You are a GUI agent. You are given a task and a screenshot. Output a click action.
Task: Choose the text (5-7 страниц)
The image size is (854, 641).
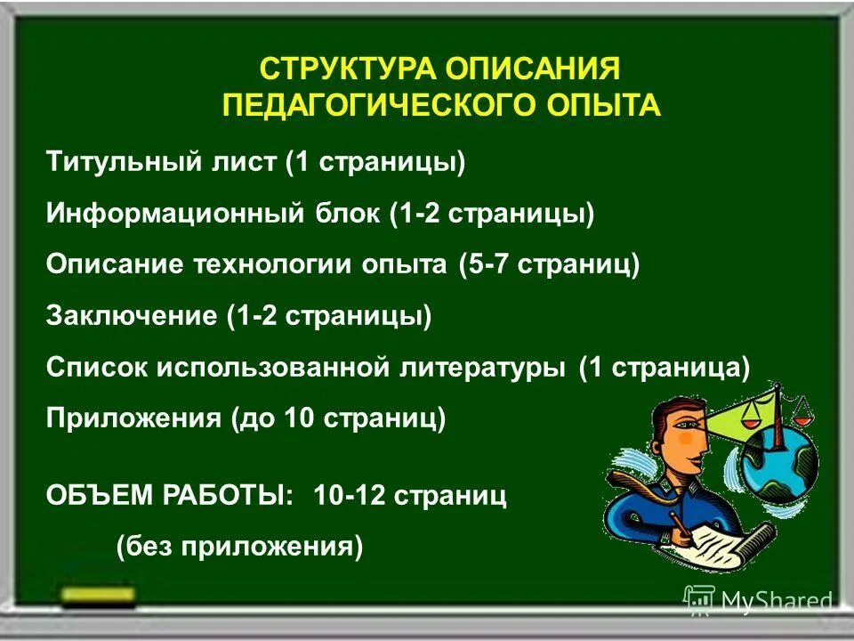click(x=549, y=265)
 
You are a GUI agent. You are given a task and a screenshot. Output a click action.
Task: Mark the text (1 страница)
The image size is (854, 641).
click(x=665, y=368)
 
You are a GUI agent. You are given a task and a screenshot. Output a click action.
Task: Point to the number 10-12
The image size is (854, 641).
click(x=350, y=496)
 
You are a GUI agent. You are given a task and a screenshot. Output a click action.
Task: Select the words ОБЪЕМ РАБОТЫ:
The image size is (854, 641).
click(x=169, y=496)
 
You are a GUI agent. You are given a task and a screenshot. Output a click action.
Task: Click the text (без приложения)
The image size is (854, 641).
click(x=239, y=546)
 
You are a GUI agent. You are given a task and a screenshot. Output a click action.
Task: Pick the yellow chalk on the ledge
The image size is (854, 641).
click(x=99, y=594)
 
